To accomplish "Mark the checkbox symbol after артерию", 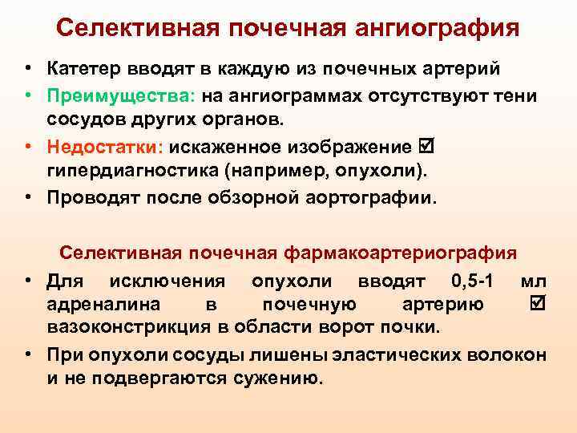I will tap(538, 305).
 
